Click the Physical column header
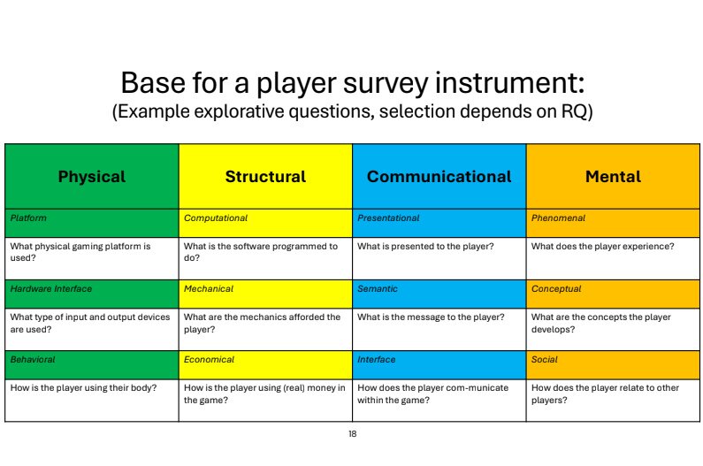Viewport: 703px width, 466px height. pyautogui.click(x=92, y=177)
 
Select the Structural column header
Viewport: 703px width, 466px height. pyautogui.click(x=265, y=177)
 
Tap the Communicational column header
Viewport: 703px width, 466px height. pyautogui.click(x=439, y=177)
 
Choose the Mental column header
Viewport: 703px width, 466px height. pyautogui.click(x=613, y=177)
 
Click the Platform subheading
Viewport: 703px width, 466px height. pyautogui.click(x=28, y=218)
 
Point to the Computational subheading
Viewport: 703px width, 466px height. pyautogui.click(x=216, y=218)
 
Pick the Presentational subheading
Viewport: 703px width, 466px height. pyautogui.click(x=388, y=218)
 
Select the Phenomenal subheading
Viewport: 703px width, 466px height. pyautogui.click(x=558, y=218)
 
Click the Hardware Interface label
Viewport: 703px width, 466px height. pyautogui.click(x=51, y=289)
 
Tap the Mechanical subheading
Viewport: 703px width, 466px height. pyautogui.click(x=209, y=289)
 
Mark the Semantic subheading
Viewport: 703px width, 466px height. pyautogui.click(x=378, y=289)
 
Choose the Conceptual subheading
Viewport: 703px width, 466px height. pyautogui.click(x=556, y=289)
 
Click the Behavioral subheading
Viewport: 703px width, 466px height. pyautogui.click(x=33, y=360)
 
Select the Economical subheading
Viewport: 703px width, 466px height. pyautogui.click(x=209, y=360)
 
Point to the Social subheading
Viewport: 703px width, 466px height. pyautogui.click(x=545, y=360)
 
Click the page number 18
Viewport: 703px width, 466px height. pyautogui.click(x=353, y=433)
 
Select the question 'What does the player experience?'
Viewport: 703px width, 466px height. pyautogui.click(x=602, y=246)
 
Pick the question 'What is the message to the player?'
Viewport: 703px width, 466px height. pyautogui.click(x=431, y=317)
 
